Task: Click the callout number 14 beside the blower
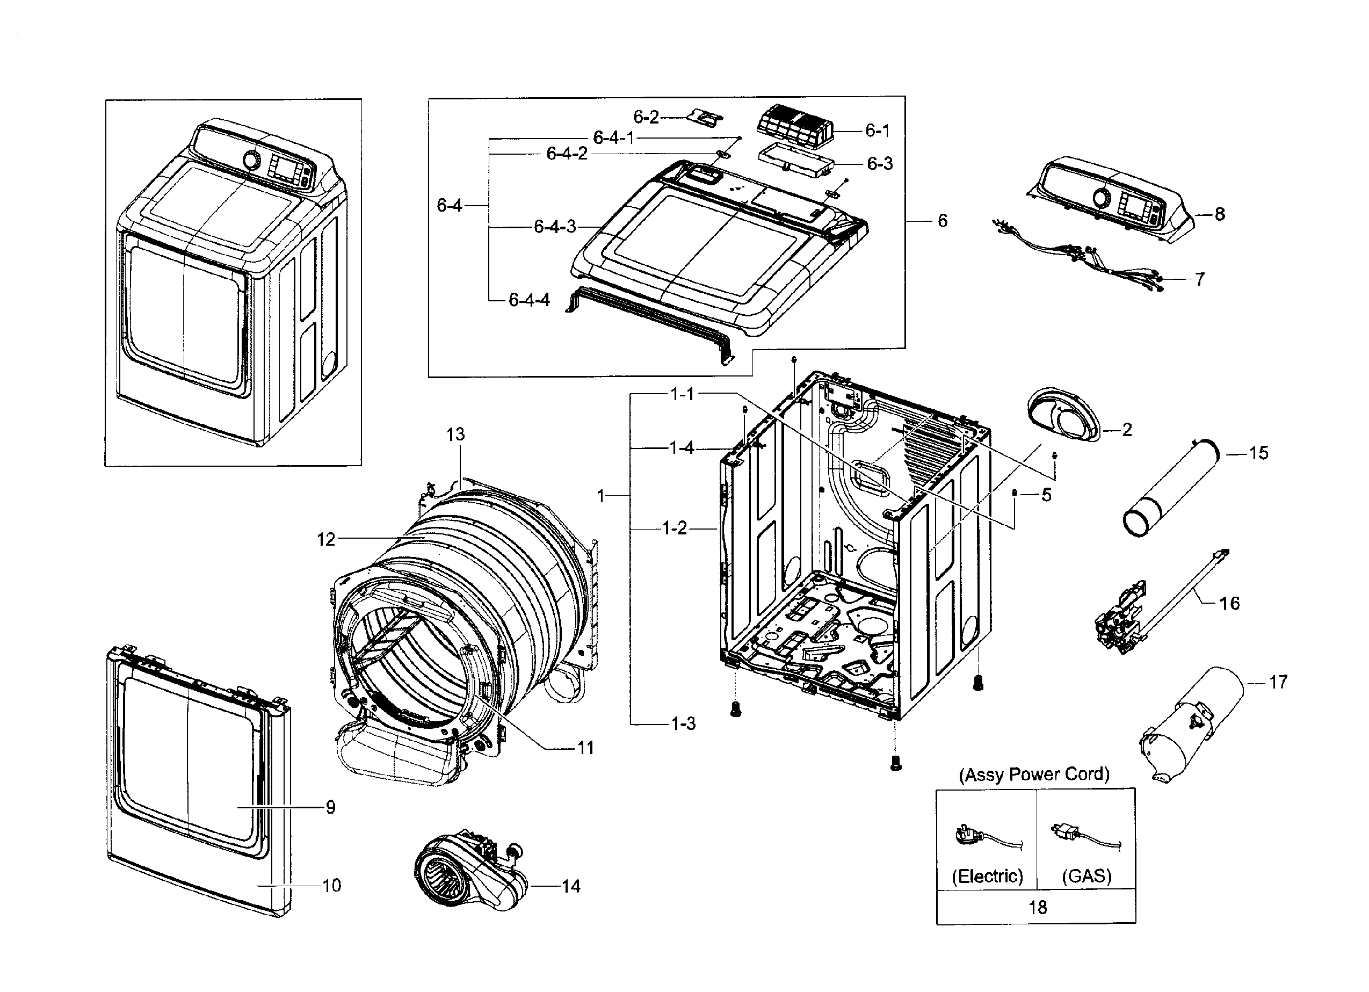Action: (x=570, y=886)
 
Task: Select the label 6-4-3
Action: (x=555, y=227)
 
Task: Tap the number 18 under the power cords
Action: (x=1037, y=908)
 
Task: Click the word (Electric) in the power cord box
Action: (x=987, y=876)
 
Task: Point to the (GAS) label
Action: (x=1086, y=876)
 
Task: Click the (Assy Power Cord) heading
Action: (x=1034, y=774)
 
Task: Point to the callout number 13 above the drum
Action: (x=456, y=434)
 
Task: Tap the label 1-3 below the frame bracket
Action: (x=683, y=723)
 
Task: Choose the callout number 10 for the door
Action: (x=331, y=886)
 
